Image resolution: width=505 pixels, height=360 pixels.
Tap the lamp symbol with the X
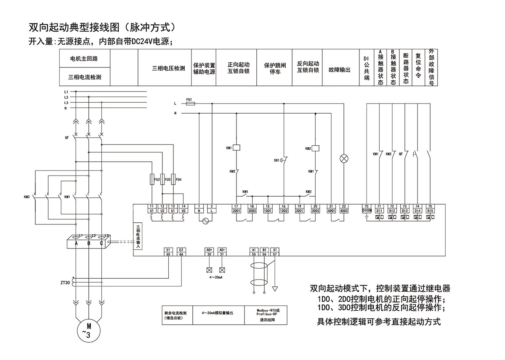pyautogui.click(x=344, y=158)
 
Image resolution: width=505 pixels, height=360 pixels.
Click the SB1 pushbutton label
pyautogui.click(x=276, y=161)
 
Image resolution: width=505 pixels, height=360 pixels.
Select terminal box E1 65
pyautogui.click(x=168, y=252)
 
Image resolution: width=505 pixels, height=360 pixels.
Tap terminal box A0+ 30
pyautogui.click(x=209, y=252)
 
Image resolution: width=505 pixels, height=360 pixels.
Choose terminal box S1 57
pyautogui.click(x=275, y=252)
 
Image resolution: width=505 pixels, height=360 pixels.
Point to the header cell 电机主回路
pyautogui.click(x=84, y=59)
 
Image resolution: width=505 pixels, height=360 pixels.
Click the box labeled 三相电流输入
pyautogui.click(x=138, y=237)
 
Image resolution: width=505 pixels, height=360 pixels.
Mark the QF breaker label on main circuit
pyautogui.click(x=66, y=138)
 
